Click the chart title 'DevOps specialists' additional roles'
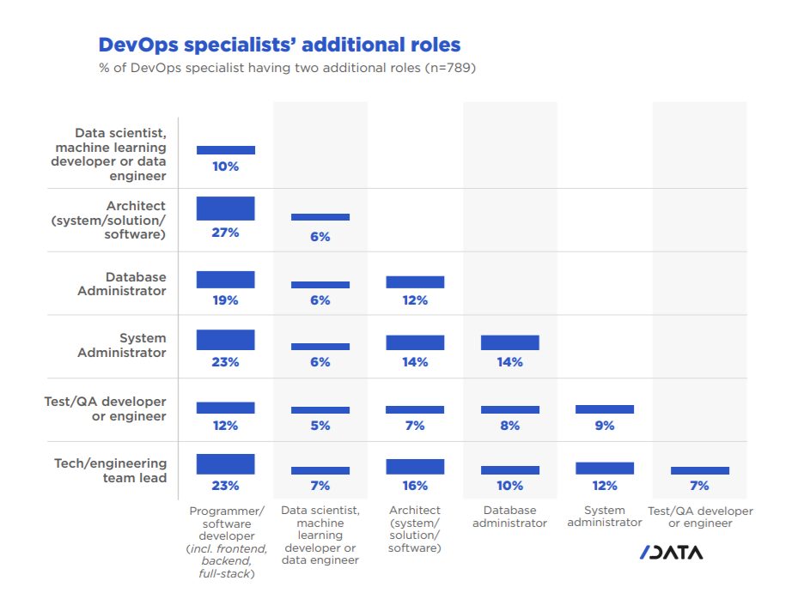pyautogui.click(x=279, y=45)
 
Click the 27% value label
pyautogui.click(x=225, y=233)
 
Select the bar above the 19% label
pyautogui.click(x=225, y=279)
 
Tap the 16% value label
pyautogui.click(x=415, y=486)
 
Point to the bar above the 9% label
pyautogui.click(x=605, y=409)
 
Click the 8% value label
pyautogui.click(x=509, y=426)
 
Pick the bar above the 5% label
pyautogui.click(x=320, y=410)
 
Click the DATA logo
pyautogui.click(x=671, y=553)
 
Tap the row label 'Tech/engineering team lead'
pyautogui.click(x=111, y=470)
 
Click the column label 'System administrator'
pyautogui.click(x=605, y=517)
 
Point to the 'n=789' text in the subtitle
pyautogui.click(x=448, y=68)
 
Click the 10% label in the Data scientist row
pyautogui.click(x=225, y=166)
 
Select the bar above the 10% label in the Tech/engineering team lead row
pyautogui.click(x=509, y=470)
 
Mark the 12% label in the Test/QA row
pyautogui.click(x=225, y=426)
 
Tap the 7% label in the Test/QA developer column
pyautogui.click(x=699, y=486)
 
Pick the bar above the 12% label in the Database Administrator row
pyautogui.click(x=415, y=281)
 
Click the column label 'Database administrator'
pyautogui.click(x=509, y=517)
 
